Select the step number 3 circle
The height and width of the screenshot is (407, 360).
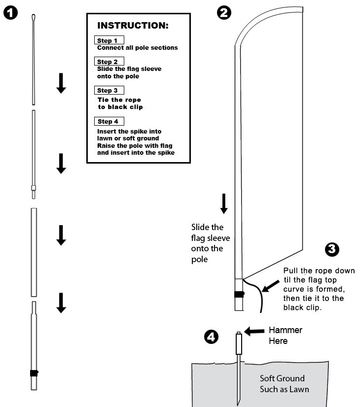pyautogui.click(x=333, y=250)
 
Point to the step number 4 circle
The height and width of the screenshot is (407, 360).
pyautogui.click(x=210, y=337)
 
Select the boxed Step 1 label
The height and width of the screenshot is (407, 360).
pyautogui.click(x=108, y=40)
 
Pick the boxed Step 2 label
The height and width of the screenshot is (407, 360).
pyautogui.click(x=108, y=62)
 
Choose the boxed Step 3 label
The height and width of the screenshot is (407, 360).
pyautogui.click(x=108, y=90)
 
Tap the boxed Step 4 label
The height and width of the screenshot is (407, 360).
pyautogui.click(x=108, y=121)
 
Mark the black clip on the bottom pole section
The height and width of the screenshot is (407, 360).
pyautogui.click(x=34, y=373)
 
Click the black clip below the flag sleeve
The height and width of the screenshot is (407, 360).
pyautogui.click(x=239, y=295)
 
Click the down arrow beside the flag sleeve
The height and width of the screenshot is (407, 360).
pyautogui.click(x=224, y=203)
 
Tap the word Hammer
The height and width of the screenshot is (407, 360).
pyautogui.click(x=286, y=330)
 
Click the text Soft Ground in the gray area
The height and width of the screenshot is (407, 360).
pyautogui.click(x=282, y=378)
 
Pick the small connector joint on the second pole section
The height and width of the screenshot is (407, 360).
pyautogui.click(x=34, y=188)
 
